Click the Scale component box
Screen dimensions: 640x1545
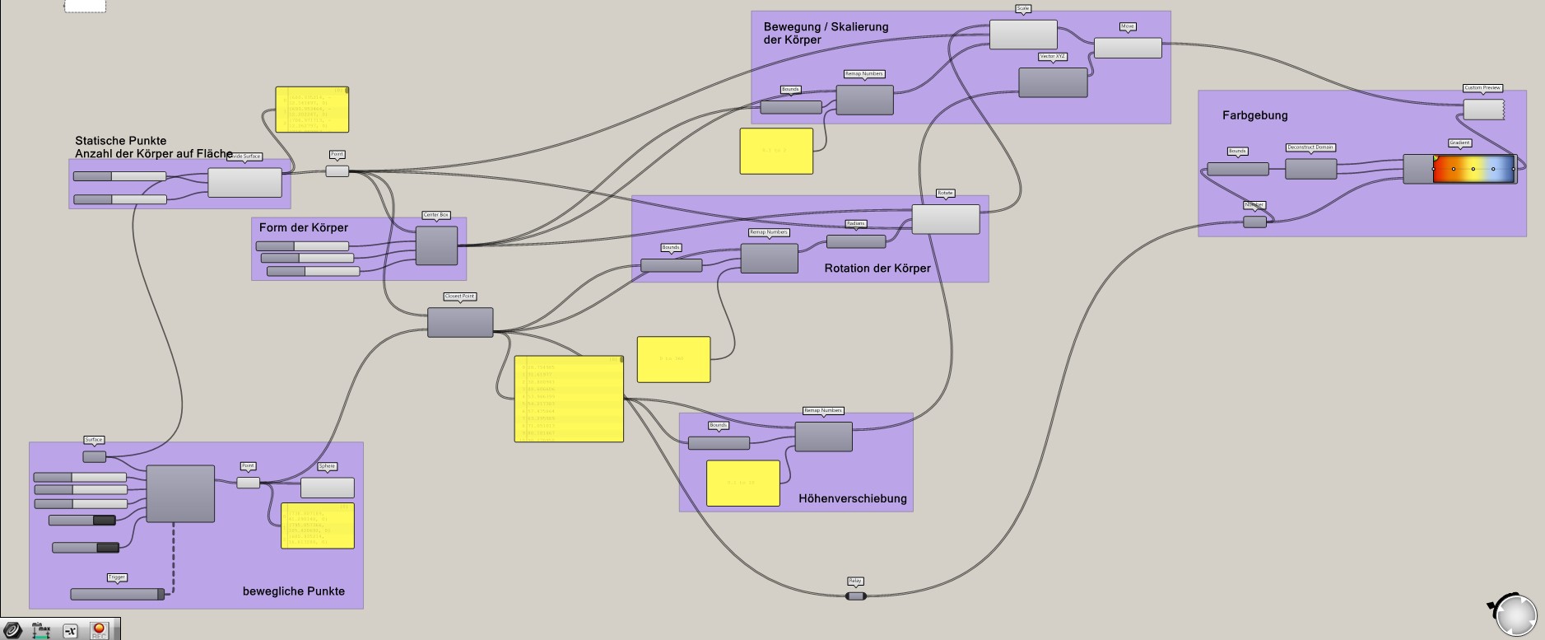coord(1022,35)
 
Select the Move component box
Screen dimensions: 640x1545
coord(1127,48)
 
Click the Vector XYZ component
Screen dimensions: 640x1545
coord(1053,82)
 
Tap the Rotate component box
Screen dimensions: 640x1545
coord(945,219)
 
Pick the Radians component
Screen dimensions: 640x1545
coord(855,241)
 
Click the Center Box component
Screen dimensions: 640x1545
coord(436,245)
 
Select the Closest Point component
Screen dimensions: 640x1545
coord(459,322)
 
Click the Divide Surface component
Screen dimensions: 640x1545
coord(244,182)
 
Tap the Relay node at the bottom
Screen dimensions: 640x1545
coord(855,596)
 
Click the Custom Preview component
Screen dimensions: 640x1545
coord(1482,109)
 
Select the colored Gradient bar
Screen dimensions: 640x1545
coord(1473,169)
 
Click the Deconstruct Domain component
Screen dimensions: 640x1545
coord(1310,169)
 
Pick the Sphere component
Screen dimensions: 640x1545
coord(327,488)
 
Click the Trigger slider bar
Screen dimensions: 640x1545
coord(116,594)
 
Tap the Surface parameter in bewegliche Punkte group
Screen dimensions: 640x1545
coord(94,456)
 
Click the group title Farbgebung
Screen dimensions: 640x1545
coord(1254,115)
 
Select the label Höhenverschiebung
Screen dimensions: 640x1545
coord(852,498)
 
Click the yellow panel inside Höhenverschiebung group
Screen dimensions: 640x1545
coord(742,483)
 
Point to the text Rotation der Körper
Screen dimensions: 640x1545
coord(877,268)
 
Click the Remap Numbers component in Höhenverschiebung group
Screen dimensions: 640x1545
coord(823,437)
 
